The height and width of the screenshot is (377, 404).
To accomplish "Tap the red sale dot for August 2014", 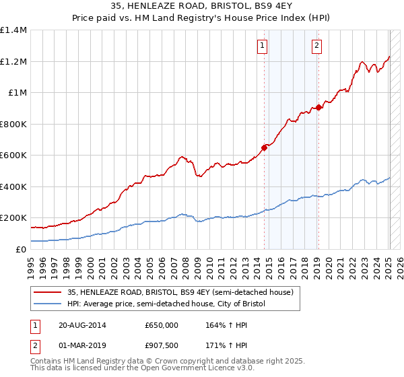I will pos(264,148).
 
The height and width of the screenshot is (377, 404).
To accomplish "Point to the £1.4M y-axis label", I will pos(13,30).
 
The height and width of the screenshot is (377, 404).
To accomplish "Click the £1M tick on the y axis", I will pos(18,93).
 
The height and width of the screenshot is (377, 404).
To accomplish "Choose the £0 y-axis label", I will pos(22,249).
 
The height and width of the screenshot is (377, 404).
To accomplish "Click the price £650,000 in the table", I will pos(161,325).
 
